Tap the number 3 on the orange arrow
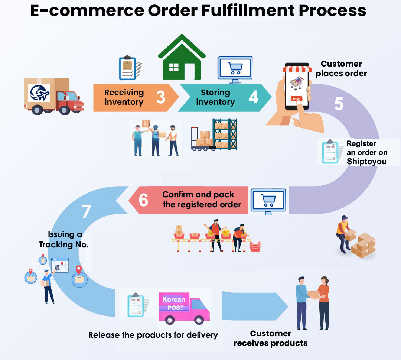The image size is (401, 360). coord(160,97)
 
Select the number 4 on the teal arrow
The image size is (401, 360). coord(253,97)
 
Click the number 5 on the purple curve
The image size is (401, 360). coord(338,104)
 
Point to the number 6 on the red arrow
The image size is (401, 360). coord(143,200)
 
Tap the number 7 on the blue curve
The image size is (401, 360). coord(86,212)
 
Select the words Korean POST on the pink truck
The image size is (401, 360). coord(173,303)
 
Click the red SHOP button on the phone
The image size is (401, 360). coord(296,99)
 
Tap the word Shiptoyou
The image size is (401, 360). coord(366,162)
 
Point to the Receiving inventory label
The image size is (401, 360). coord(124,97)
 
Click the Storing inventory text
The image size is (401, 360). coord(215,97)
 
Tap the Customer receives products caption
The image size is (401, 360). coord(270,338)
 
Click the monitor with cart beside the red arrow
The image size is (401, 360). coord(268,201)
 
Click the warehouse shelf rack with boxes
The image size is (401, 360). coord(224,134)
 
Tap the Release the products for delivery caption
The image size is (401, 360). coord(153,335)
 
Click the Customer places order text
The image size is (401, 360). coord(341,68)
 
